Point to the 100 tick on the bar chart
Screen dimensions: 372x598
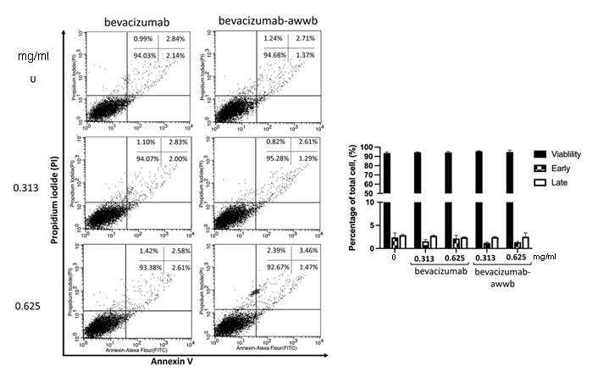pyautogui.click(x=368, y=147)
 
